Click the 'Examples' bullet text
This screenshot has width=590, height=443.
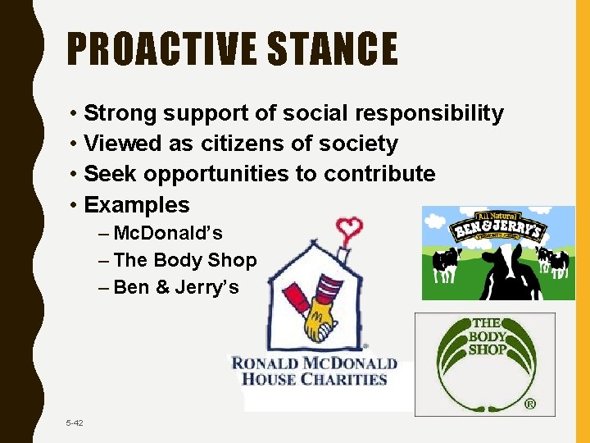137,204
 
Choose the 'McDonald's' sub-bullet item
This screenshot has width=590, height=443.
168,233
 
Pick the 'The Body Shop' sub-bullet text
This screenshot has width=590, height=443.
185,260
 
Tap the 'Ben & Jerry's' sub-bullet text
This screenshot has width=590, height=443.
176,287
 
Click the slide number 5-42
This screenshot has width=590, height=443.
75,422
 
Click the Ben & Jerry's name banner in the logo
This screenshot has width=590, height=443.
497,228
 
